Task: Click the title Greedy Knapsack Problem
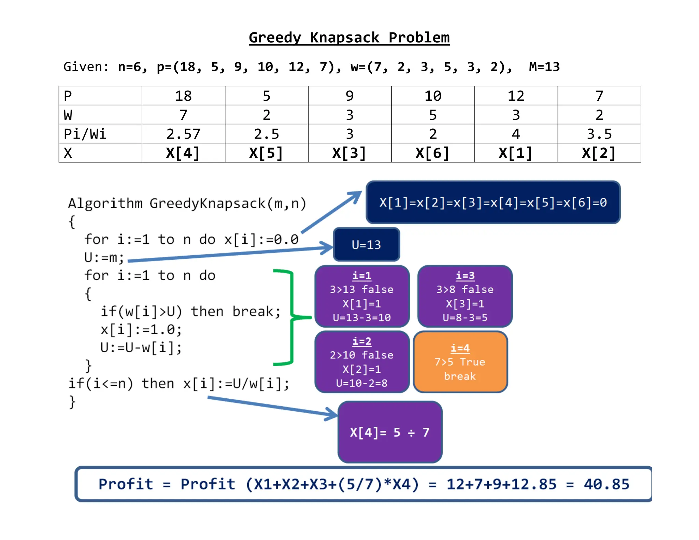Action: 349,38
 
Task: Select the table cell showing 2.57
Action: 183,134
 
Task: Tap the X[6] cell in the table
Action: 432,153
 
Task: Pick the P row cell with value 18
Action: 183,96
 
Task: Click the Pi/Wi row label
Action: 85,134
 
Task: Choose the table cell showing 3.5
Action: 599,134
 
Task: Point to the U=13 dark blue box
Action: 366,245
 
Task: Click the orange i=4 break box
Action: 460,362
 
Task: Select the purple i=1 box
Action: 362,296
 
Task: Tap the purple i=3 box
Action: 465,296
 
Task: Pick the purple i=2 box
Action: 362,362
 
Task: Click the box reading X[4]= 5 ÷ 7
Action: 390,432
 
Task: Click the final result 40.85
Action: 606,484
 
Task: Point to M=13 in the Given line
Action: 544,67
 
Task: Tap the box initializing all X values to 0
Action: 493,203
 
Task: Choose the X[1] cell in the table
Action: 516,153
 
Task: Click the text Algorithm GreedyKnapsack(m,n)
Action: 187,203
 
